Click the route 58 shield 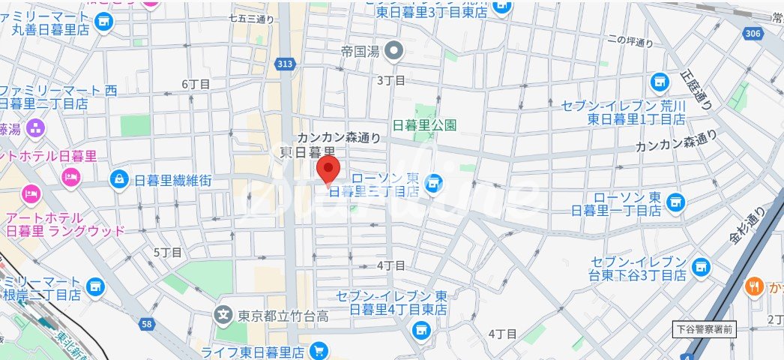click(x=147, y=324)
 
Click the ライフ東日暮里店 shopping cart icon click(x=319, y=350)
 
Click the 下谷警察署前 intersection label click(x=705, y=328)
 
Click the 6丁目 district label click(x=194, y=85)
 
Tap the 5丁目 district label click(x=167, y=253)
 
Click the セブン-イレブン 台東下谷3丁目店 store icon click(x=701, y=265)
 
